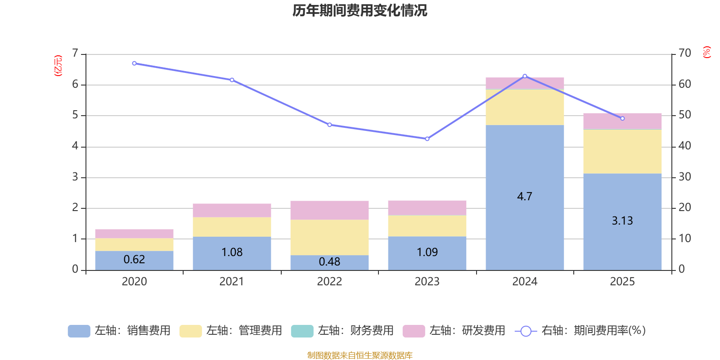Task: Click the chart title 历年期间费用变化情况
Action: (360, 10)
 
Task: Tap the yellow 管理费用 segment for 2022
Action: (329, 237)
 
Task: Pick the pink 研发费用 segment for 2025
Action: (622, 121)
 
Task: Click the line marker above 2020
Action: (134, 63)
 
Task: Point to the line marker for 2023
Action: (427, 139)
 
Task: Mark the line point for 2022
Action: (329, 125)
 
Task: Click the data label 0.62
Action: (134, 260)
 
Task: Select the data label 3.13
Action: (622, 221)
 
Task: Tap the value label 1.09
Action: (427, 252)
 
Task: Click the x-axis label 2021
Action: (232, 282)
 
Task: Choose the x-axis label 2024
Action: (525, 282)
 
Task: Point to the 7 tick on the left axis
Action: (75, 54)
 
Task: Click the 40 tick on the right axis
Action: (684, 146)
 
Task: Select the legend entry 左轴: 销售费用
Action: (119, 331)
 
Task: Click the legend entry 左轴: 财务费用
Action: (342, 331)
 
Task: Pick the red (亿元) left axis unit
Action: (58, 66)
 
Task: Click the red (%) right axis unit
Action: (706, 52)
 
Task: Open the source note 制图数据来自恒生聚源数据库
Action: (360, 355)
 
